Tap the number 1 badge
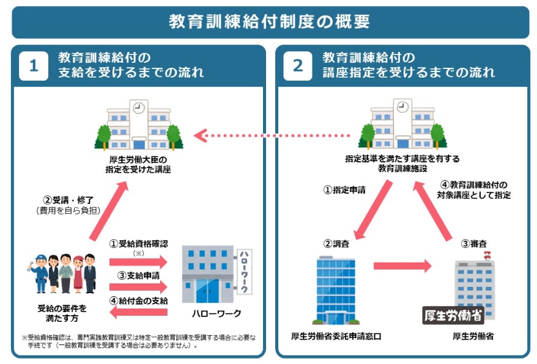(34, 66)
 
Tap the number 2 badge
(298, 66)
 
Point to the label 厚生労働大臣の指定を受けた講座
(137, 164)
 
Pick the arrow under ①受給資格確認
(138, 261)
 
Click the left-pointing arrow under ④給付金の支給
(138, 312)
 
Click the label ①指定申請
(344, 190)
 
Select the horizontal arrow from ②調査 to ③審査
(402, 266)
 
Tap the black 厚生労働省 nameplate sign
(453, 315)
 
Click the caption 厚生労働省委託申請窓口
(337, 337)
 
